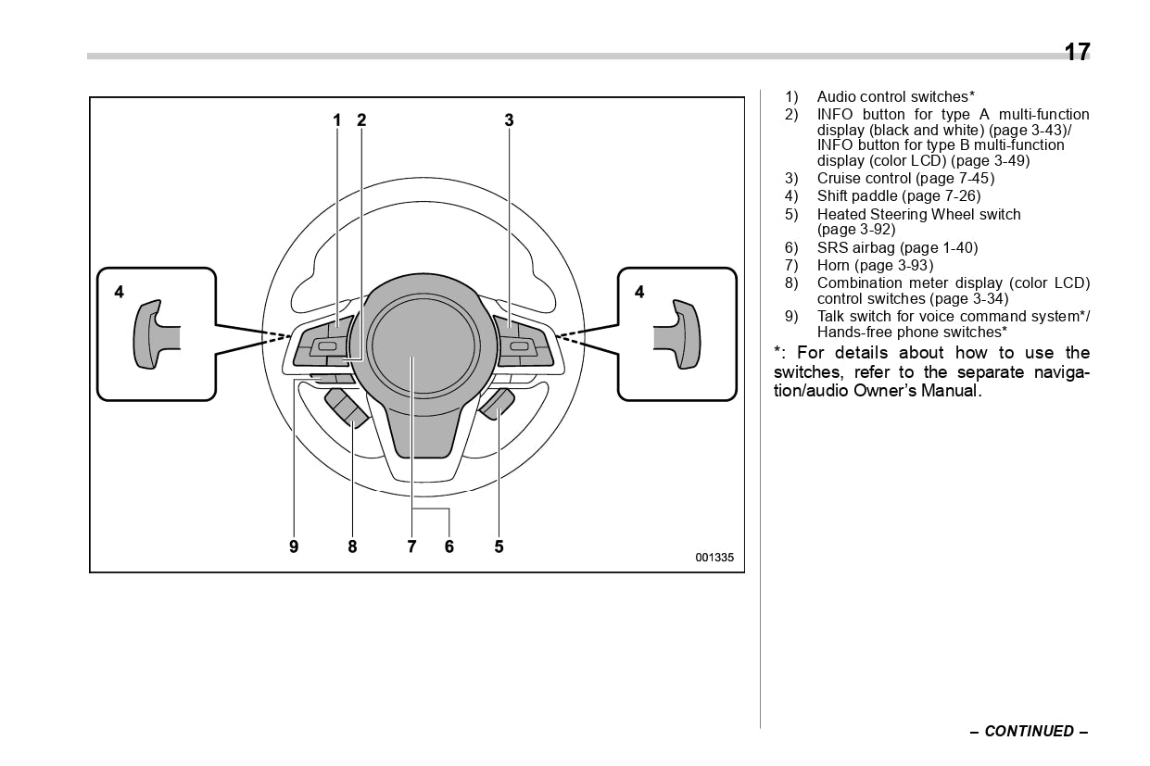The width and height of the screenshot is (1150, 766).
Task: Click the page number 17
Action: coord(1077,52)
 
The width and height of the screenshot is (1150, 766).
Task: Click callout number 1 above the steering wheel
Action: coord(337,119)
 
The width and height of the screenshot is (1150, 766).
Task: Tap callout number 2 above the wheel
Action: coord(361,119)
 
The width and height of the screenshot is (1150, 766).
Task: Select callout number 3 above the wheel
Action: coord(509,119)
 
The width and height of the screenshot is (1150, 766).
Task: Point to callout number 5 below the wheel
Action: coord(499,546)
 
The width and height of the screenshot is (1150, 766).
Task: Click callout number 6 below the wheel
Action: coord(449,546)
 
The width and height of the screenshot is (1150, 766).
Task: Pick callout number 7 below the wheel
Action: coord(411,546)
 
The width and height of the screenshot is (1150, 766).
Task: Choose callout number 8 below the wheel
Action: coord(352,546)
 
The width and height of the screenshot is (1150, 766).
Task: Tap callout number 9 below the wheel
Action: coord(294,546)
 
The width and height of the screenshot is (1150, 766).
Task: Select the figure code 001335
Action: coord(714,558)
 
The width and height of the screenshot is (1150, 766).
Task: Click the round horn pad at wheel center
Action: coord(423,344)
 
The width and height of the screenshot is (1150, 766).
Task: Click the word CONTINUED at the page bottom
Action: coord(1029,731)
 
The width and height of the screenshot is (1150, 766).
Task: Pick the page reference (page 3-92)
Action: coord(856,230)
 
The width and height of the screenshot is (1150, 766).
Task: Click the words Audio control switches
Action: coord(892,96)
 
